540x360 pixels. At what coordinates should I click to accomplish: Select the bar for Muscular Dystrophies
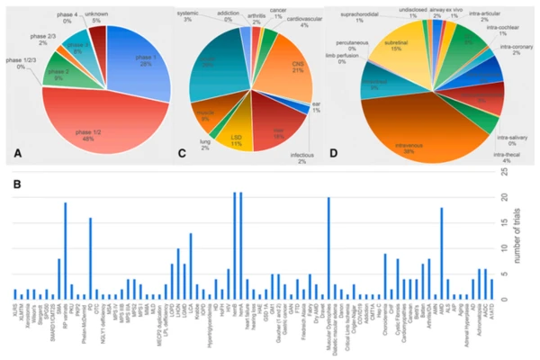(329, 248)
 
